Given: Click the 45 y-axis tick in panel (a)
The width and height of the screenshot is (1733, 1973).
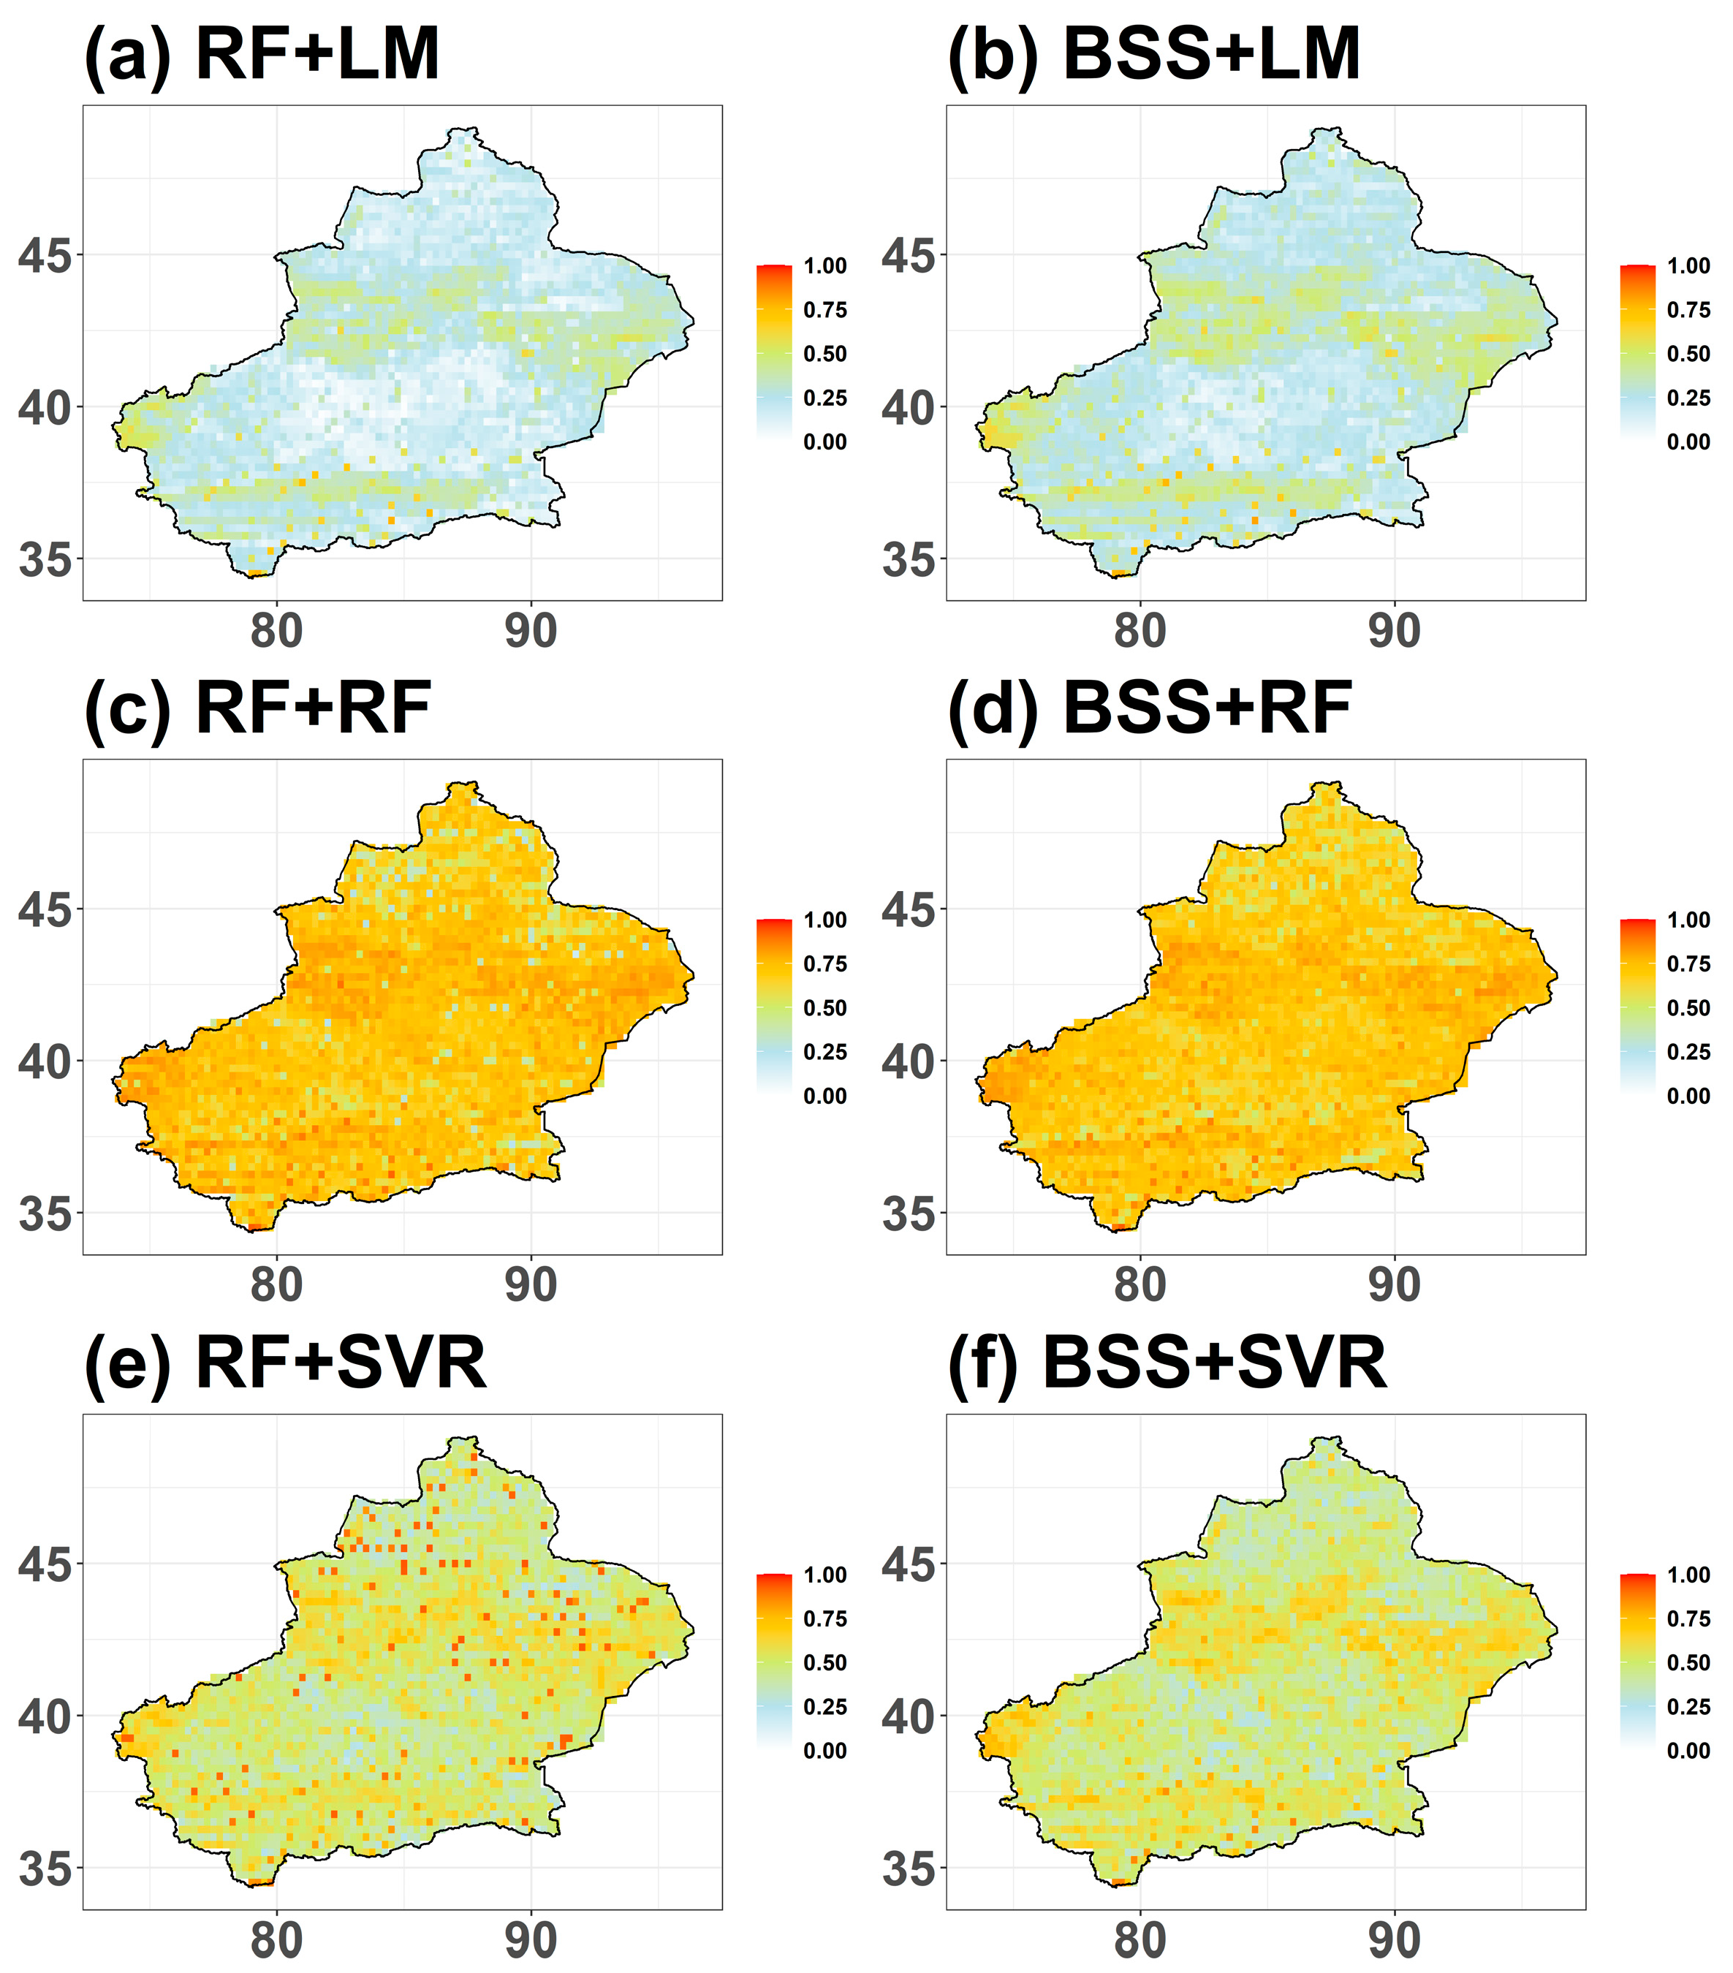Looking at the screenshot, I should tap(45, 256).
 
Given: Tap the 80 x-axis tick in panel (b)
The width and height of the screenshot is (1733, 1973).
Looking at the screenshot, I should tap(1139, 632).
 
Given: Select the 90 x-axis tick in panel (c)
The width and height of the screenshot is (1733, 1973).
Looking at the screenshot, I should tap(531, 1286).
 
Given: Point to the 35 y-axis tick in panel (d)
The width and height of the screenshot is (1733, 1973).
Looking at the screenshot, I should tap(908, 1213).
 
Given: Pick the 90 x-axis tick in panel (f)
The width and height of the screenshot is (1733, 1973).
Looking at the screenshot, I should tap(1395, 1940).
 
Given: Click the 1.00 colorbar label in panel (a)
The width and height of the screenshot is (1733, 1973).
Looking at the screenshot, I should tap(825, 266).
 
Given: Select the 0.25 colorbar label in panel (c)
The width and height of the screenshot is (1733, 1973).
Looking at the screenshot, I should tap(825, 1052).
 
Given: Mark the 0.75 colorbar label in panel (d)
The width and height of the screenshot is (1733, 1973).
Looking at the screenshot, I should tap(1688, 964).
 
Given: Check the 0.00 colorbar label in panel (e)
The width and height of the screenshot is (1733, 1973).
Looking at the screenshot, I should tap(825, 1751).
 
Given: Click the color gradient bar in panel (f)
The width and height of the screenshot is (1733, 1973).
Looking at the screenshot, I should tap(1637, 1662).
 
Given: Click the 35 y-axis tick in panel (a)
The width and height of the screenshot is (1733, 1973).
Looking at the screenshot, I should tap(45, 560).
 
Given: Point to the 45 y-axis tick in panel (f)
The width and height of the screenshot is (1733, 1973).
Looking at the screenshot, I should tap(908, 1564).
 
